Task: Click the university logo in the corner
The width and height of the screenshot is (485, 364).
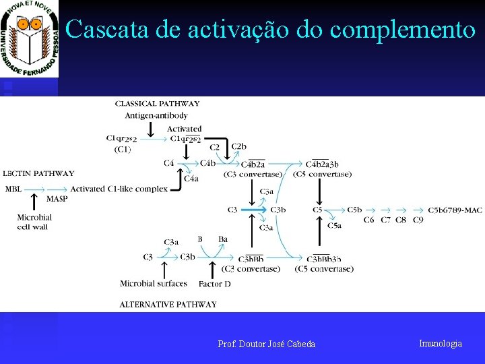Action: [x=30, y=39]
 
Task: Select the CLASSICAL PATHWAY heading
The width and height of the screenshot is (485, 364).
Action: [x=157, y=104]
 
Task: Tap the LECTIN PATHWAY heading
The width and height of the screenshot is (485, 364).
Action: [x=38, y=174]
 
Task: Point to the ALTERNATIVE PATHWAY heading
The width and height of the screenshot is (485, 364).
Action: [x=168, y=305]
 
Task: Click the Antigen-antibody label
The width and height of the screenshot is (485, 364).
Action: [x=156, y=115]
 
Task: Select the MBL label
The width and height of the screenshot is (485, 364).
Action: [x=13, y=189]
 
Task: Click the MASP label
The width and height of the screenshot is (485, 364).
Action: [x=57, y=199]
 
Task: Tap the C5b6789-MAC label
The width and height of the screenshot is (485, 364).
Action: [x=455, y=210]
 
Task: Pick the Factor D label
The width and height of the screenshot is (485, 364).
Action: [x=214, y=284]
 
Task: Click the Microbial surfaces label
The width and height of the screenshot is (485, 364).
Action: [x=156, y=284]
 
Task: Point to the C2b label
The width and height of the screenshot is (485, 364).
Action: [x=238, y=147]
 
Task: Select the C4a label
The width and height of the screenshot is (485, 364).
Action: [x=191, y=179]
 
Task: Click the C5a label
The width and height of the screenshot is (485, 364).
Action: [x=334, y=225]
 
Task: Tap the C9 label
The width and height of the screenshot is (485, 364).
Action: [x=418, y=220]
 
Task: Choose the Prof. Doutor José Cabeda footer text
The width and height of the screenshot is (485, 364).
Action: [x=266, y=344]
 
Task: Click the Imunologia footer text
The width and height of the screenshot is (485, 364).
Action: [x=441, y=344]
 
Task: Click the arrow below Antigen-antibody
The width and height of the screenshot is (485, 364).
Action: [x=152, y=128]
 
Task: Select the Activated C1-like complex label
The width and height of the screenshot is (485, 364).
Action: [x=119, y=189]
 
